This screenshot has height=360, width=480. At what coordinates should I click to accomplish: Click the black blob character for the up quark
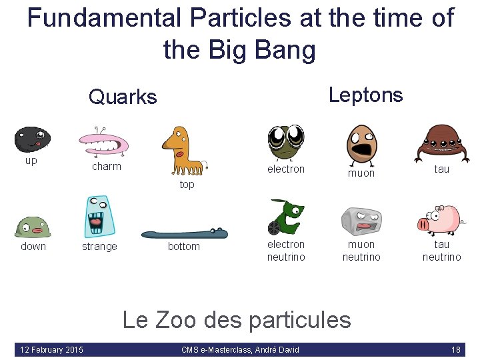32,139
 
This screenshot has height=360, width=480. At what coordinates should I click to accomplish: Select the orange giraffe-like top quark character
182,151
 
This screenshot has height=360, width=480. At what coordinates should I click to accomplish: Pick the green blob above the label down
33,227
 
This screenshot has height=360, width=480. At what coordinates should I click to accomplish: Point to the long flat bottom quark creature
184,233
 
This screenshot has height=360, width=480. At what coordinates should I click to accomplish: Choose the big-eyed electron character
286,141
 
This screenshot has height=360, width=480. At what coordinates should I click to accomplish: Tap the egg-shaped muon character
361,141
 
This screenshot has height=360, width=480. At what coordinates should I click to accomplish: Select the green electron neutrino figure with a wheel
285,217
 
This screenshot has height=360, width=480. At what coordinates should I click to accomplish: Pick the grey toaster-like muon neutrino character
361,221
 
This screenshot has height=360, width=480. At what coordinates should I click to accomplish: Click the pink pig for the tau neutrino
439,219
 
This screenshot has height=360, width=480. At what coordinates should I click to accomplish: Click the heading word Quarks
123,97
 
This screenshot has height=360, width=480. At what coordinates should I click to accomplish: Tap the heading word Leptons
365,95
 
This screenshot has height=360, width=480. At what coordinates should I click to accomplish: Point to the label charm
106,166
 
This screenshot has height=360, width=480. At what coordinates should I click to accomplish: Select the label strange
99,247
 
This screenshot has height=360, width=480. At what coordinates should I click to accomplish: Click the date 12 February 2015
52,350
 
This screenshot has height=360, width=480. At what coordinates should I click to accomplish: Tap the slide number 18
456,350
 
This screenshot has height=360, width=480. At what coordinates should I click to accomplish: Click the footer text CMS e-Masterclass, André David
240,350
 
